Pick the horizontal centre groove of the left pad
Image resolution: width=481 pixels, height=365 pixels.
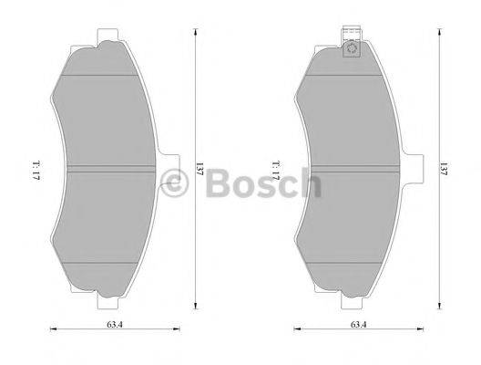[x=109, y=170]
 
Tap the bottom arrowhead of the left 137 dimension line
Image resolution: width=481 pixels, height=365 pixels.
[x=195, y=308]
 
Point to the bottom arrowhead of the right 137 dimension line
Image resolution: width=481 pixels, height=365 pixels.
[x=437, y=308]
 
